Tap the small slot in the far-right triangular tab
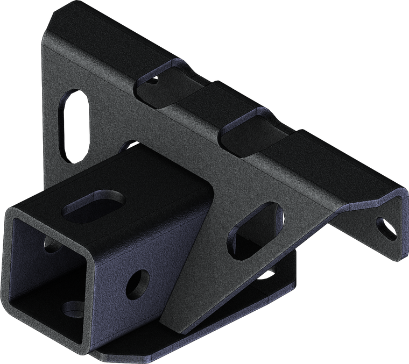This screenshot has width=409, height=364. pos(386,227)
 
